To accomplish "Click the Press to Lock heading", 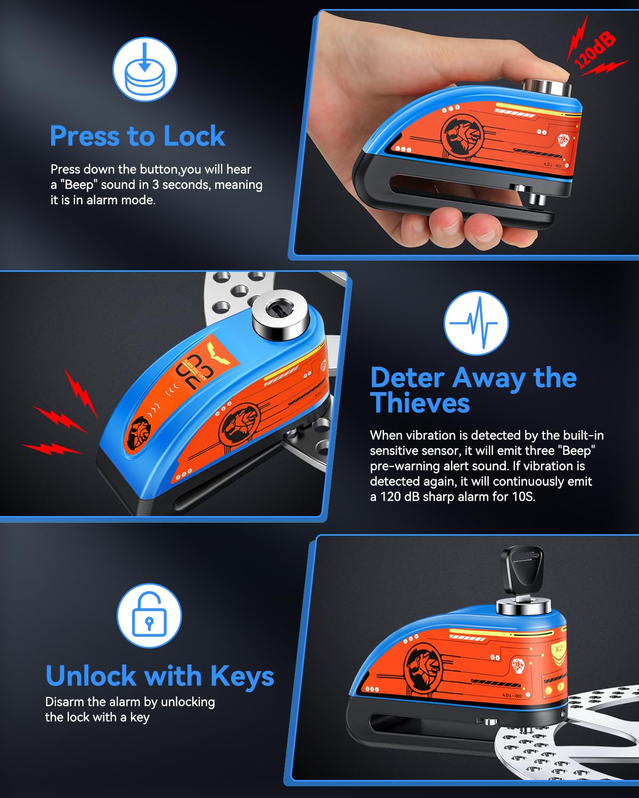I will click(137, 136).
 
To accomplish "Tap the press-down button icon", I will click(144, 69).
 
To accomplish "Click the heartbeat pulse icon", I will click(476, 323).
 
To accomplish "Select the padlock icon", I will click(149, 616).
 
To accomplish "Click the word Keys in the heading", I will click(242, 676).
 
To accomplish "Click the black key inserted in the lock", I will click(522, 572).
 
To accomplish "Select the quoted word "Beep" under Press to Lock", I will click(79, 185).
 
